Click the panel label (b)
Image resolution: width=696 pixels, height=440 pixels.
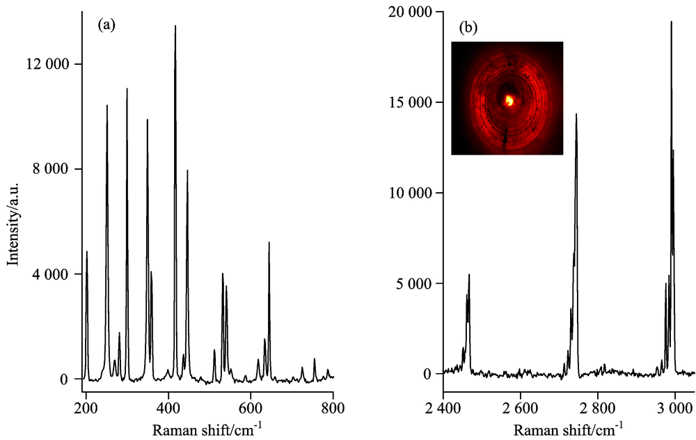[467, 29]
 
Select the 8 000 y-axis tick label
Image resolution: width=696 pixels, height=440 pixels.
[49, 169]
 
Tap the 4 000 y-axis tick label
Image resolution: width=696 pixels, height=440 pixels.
[49, 274]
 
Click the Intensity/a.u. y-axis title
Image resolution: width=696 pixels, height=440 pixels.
[12, 221]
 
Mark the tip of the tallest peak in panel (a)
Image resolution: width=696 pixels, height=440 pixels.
[175, 26]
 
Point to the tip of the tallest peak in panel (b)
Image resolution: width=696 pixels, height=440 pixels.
[671, 22]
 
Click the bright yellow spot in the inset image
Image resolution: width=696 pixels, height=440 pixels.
[509, 101]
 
